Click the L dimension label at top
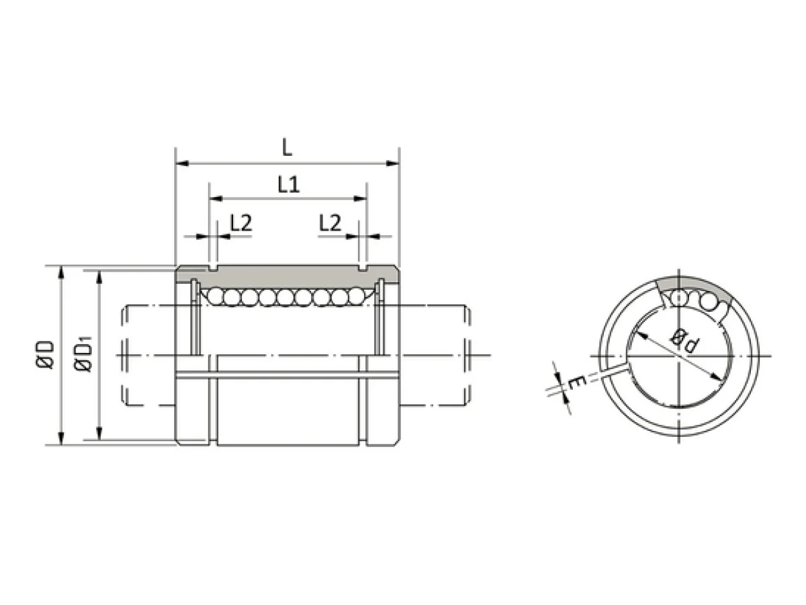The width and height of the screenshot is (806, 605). (x=287, y=148)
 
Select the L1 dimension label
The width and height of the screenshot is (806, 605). (x=289, y=184)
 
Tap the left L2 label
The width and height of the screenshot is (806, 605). (x=241, y=223)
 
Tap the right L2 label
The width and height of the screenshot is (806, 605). (x=330, y=223)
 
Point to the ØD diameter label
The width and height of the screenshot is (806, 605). (x=45, y=354)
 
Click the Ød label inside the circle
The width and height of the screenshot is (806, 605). (x=683, y=341)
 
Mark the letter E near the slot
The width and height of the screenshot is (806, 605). (x=576, y=384)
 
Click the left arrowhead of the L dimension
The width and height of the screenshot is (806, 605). (x=183, y=163)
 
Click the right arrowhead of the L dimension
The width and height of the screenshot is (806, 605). (x=392, y=163)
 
